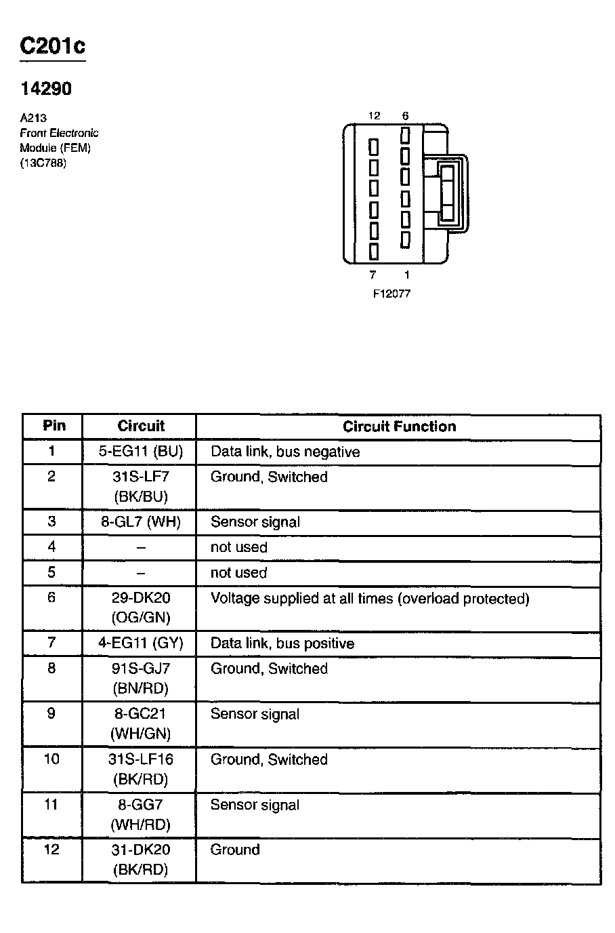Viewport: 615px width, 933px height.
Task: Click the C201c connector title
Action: pyautogui.click(x=52, y=46)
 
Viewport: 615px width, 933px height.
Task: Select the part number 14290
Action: pyautogui.click(x=46, y=89)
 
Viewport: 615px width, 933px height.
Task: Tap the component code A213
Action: pyautogui.click(x=33, y=118)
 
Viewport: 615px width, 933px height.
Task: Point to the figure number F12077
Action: pyautogui.click(x=391, y=294)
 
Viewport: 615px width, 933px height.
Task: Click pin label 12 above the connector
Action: pyautogui.click(x=374, y=116)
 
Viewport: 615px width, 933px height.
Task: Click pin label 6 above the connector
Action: pyautogui.click(x=405, y=116)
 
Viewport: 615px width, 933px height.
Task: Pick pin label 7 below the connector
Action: pyautogui.click(x=373, y=275)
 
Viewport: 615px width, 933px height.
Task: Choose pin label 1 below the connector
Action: pyautogui.click(x=406, y=275)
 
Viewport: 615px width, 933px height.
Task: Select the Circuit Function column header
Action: pyautogui.click(x=399, y=426)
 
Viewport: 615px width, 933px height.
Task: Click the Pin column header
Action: pyautogui.click(x=54, y=426)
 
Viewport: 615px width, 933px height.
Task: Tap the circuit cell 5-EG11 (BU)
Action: pyautogui.click(x=140, y=452)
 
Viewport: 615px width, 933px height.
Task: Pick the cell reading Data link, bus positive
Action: pyautogui.click(x=282, y=643)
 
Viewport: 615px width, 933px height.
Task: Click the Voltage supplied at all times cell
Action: pyautogui.click(x=370, y=598)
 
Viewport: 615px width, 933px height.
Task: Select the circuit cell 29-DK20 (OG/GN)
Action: pyautogui.click(x=140, y=608)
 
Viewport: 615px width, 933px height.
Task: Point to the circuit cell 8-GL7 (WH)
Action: pyautogui.click(x=140, y=522)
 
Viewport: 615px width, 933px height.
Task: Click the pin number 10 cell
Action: pyautogui.click(x=51, y=759)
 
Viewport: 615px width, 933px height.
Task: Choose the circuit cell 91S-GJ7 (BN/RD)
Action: pyautogui.click(x=140, y=678)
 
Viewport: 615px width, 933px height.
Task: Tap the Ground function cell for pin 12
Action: pyautogui.click(x=235, y=850)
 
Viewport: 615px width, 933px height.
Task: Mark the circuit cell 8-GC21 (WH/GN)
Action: pyautogui.click(x=140, y=723)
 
